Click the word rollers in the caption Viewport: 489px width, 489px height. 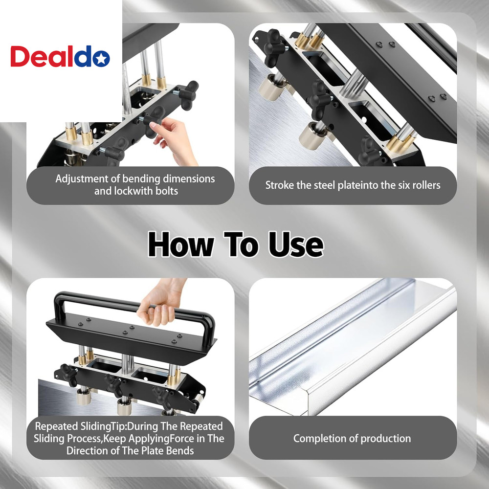coord(423,185)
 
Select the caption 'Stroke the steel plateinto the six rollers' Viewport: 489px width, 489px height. coord(353,185)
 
